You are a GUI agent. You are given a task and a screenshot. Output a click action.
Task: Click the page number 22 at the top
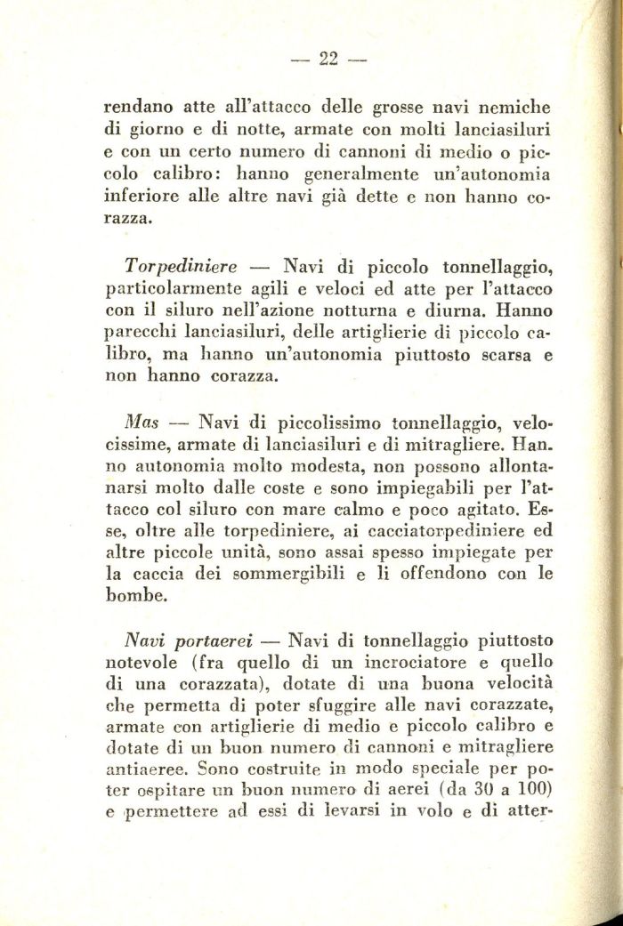[328, 60]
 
